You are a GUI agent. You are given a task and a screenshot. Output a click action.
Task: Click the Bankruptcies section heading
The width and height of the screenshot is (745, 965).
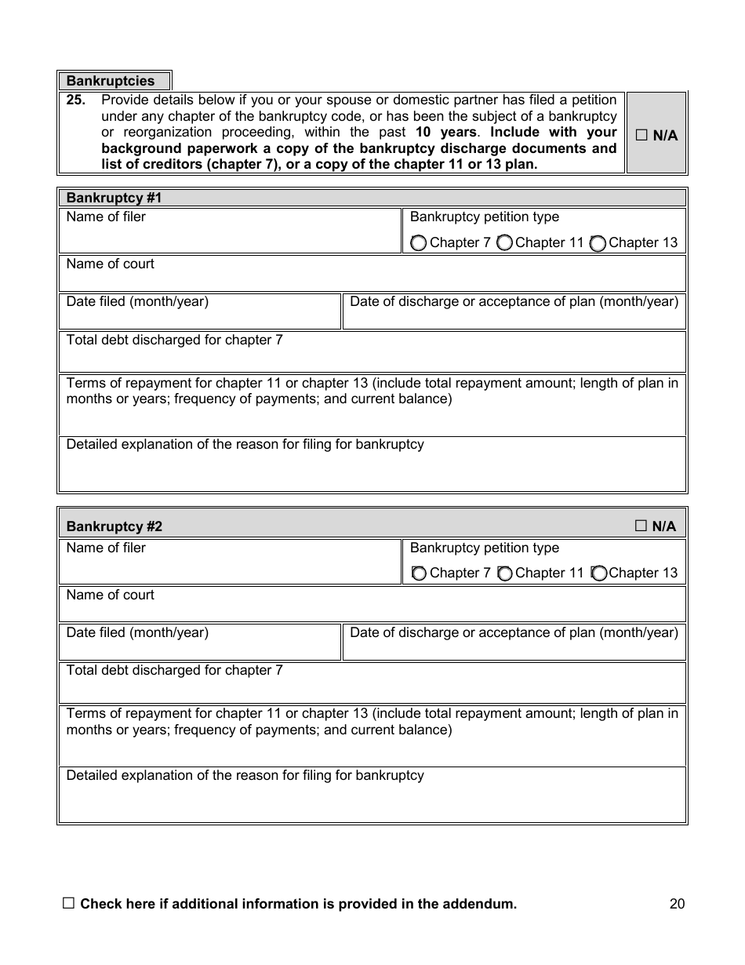click(x=111, y=81)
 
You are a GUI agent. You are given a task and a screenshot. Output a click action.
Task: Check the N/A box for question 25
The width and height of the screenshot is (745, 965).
click(x=641, y=136)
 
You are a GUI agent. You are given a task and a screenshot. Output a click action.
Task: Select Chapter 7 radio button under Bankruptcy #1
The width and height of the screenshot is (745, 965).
click(x=419, y=243)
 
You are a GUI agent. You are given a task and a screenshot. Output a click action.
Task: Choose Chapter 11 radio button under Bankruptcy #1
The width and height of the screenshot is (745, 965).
click(x=504, y=243)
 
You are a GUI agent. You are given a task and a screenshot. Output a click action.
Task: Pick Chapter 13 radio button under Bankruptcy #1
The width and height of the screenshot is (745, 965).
click(x=598, y=243)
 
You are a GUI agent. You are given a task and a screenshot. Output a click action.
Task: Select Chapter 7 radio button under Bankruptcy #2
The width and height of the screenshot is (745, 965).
click(x=419, y=574)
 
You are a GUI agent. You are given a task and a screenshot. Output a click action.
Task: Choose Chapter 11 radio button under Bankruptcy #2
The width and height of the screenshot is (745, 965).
click(x=504, y=574)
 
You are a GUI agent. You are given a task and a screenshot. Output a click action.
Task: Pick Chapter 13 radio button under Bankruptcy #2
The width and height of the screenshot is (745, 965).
click(x=598, y=574)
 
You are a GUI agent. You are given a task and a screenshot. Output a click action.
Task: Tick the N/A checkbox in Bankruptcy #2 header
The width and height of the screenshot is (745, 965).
click(x=641, y=526)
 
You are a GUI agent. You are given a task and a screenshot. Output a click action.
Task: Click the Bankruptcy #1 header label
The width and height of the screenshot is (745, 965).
click(x=114, y=198)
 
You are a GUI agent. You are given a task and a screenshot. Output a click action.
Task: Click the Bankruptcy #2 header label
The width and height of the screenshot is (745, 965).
click(x=114, y=526)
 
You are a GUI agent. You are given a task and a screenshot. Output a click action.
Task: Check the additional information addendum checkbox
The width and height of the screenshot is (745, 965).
click(x=68, y=904)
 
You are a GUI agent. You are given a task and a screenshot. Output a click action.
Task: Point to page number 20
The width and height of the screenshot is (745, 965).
click(x=677, y=904)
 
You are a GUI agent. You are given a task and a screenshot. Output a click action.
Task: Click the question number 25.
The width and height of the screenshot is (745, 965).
click(x=75, y=100)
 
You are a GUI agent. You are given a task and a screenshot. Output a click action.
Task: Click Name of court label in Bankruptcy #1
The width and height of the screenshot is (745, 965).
click(x=110, y=264)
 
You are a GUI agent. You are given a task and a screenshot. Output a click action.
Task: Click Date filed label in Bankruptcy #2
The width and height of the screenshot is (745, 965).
click(x=137, y=632)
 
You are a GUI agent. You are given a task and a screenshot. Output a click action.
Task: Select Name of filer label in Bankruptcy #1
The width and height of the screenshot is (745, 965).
click(x=106, y=217)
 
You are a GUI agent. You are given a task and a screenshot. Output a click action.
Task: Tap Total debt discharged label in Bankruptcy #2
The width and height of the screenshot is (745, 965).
click(x=174, y=670)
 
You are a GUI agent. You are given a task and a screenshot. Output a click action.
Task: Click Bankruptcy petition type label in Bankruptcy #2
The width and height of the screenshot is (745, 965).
click(x=484, y=548)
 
